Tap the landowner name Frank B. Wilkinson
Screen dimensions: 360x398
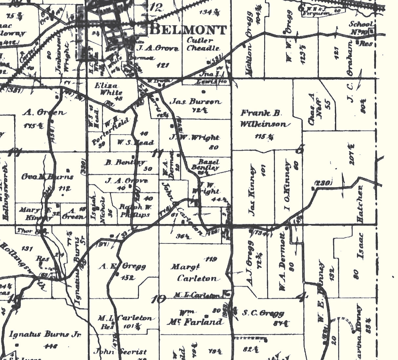[265, 119]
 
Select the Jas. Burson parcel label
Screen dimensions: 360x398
[195, 102]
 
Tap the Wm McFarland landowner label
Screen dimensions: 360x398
[201, 318]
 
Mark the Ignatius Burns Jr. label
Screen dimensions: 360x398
[45, 334]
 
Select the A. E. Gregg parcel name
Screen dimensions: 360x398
[122, 266]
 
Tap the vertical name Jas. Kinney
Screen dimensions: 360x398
[252, 191]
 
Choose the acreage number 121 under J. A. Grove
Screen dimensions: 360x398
[163, 65]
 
